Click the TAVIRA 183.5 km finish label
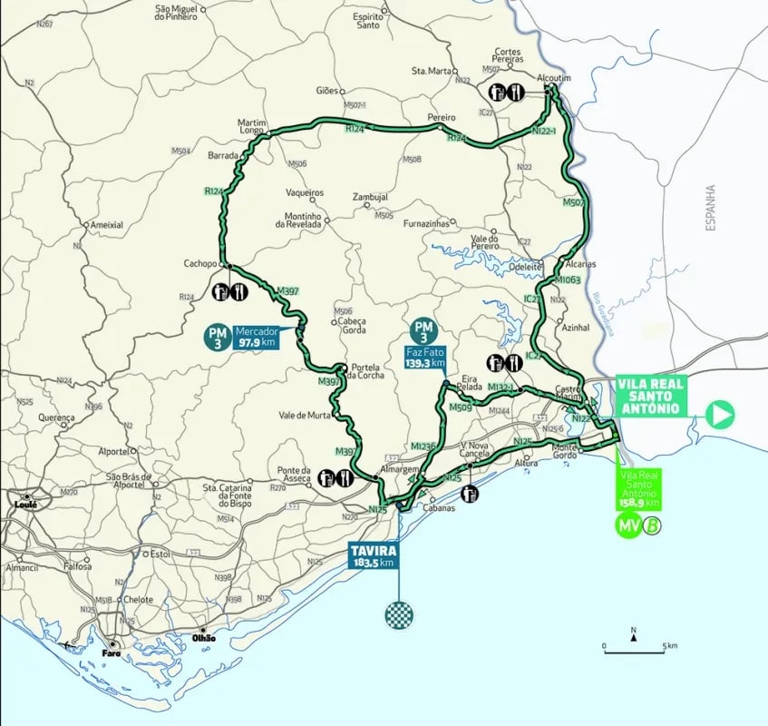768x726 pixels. [x=373, y=555]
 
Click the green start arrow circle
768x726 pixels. [x=720, y=415]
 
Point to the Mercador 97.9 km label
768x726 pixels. [x=257, y=338]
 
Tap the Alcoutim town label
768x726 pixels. [x=552, y=78]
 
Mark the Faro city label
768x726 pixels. [x=112, y=652]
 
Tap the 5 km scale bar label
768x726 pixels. [x=671, y=645]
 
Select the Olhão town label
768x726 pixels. [x=206, y=638]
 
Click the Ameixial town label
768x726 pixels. [x=106, y=225]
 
